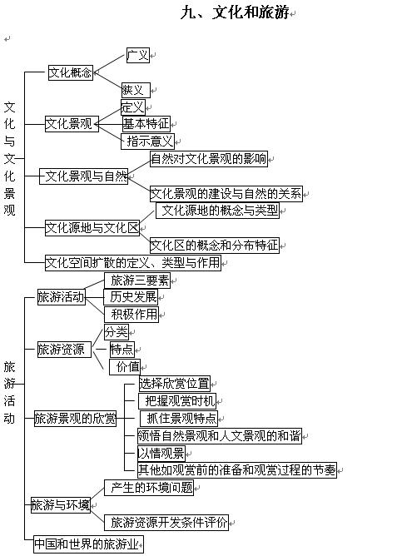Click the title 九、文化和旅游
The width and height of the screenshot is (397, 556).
point(235,12)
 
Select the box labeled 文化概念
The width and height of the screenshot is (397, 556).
point(71,72)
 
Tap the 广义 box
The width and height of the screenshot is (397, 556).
point(138,55)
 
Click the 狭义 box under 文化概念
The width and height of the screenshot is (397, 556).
point(136,90)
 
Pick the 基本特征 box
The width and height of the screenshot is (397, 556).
point(146,124)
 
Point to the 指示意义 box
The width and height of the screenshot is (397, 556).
point(147,141)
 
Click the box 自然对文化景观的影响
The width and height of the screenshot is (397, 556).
point(209,158)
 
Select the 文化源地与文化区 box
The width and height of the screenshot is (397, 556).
point(92,228)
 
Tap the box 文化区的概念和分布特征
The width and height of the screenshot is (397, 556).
point(215,246)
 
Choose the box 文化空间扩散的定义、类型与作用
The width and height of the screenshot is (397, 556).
point(133,263)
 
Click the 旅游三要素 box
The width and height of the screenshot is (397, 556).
point(137,280)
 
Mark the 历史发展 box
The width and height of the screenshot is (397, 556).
point(131,297)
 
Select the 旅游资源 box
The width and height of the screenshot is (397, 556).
point(64,350)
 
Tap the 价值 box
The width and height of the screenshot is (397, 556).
point(124,367)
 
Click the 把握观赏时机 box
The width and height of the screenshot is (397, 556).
point(177,401)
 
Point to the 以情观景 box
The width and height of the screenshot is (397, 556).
point(161,453)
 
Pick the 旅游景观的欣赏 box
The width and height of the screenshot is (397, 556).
point(75,419)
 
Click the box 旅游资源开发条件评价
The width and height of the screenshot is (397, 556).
point(166,523)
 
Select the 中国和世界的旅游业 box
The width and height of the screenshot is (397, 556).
point(88,544)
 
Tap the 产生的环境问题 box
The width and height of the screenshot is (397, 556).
point(149,488)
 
